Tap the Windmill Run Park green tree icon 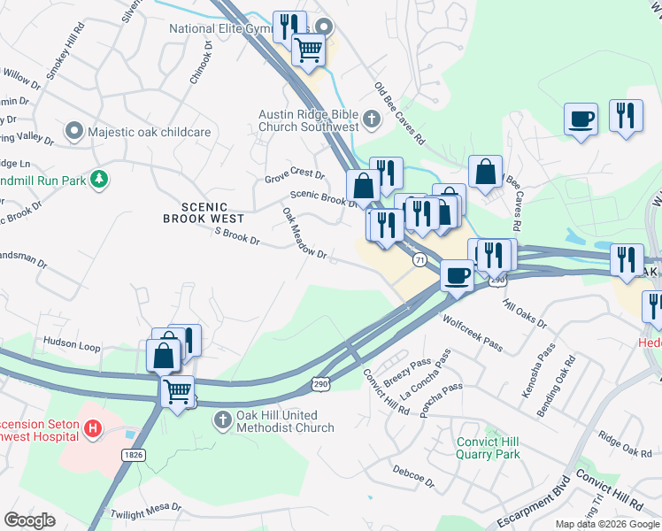pyautogui.click(x=101, y=181)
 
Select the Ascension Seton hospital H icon pyautogui.click(x=93, y=430)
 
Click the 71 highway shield pyautogui.click(x=420, y=259)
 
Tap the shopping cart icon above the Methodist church pyautogui.click(x=179, y=389)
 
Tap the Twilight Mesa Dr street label pyautogui.click(x=145, y=511)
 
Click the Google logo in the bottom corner pyautogui.click(x=29, y=520)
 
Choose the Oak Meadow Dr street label pyautogui.click(x=304, y=234)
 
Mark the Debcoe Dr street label pyautogui.click(x=414, y=479)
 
